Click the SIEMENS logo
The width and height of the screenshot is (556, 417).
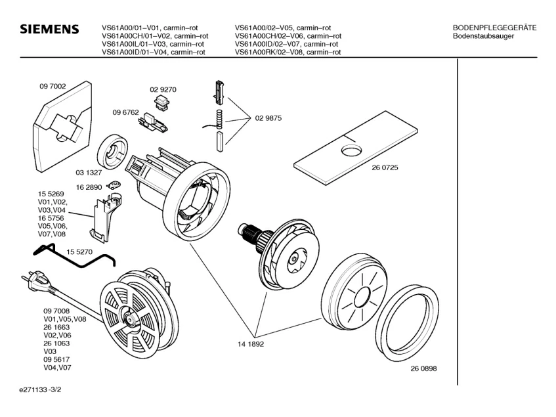pos(49,31)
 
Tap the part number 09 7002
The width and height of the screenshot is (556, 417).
pos(52,85)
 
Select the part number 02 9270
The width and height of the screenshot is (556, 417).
pos(163,89)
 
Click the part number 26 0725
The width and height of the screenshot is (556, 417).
pos(385,167)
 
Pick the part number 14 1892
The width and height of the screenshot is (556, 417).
pos(251,343)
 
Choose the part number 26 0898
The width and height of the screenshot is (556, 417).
pos(423,368)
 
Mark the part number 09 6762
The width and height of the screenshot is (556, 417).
pos(125,112)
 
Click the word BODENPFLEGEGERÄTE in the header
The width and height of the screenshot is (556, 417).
pos(494,27)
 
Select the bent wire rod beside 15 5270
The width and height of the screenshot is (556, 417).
pos(72,257)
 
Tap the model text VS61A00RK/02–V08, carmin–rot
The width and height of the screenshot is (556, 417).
pos(288,52)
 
